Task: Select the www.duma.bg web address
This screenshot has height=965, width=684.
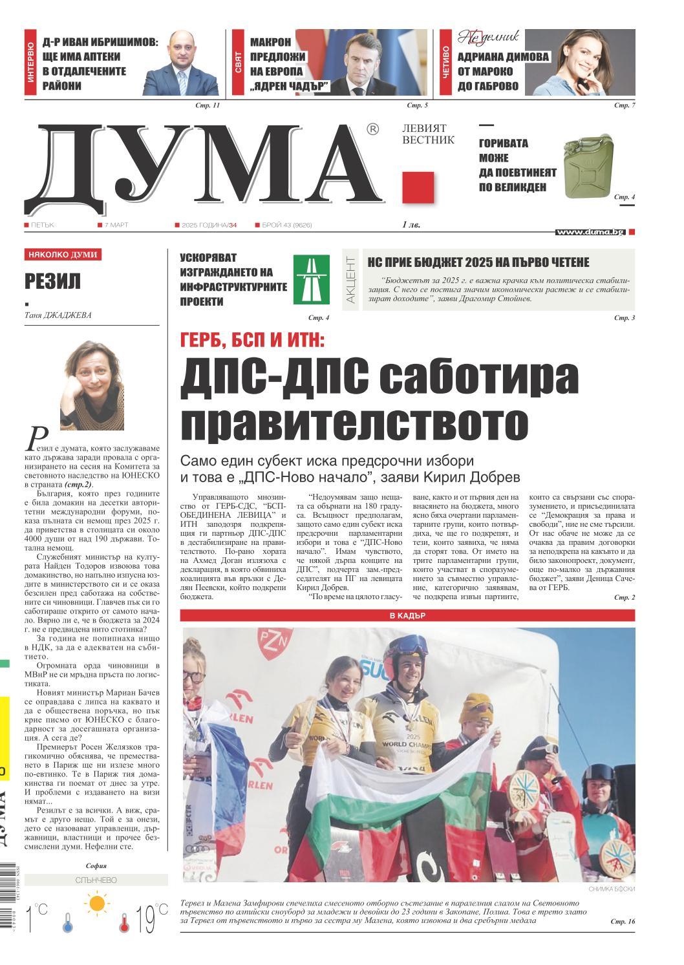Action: (x=590, y=232)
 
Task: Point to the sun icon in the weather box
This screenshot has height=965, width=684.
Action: (x=98, y=902)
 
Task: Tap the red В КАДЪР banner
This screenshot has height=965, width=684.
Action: (x=407, y=615)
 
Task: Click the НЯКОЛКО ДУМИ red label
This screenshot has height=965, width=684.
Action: (x=63, y=255)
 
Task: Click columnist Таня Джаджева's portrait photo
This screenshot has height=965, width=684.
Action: (x=92, y=385)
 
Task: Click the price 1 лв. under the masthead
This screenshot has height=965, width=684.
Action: (x=411, y=226)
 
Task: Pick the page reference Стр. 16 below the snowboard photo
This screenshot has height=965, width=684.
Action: (x=623, y=921)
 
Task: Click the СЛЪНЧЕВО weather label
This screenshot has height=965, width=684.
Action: (x=96, y=880)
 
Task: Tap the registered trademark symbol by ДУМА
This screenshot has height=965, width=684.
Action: (x=372, y=130)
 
